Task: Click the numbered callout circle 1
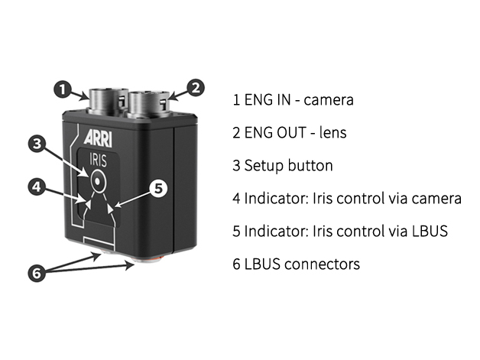click(x=63, y=88)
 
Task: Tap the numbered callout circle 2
click(x=196, y=88)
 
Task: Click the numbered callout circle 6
click(x=38, y=273)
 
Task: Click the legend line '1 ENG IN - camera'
click(x=294, y=100)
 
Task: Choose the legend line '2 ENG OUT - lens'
click(x=290, y=133)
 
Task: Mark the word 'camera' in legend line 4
click(x=436, y=199)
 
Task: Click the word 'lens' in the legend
click(x=333, y=133)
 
